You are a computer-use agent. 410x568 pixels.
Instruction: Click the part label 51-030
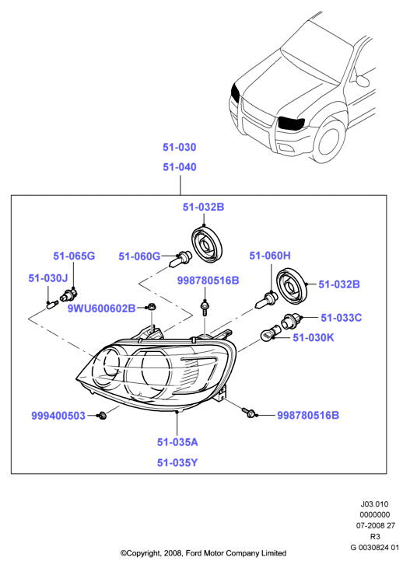[x=179, y=147]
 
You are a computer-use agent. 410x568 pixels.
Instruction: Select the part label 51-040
[x=179, y=167]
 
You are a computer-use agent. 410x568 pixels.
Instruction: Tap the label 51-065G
[x=74, y=256]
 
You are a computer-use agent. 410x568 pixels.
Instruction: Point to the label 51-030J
[x=48, y=278]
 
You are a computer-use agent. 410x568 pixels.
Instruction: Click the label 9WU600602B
[x=102, y=308]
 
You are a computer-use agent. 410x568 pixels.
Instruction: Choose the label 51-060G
[x=139, y=256]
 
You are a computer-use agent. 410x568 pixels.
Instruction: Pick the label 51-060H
[x=270, y=256]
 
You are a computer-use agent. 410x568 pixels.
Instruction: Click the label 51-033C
[x=341, y=318]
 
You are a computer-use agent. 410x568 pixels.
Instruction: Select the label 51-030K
[x=313, y=337]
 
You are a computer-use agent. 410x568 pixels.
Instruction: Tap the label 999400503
[x=58, y=416]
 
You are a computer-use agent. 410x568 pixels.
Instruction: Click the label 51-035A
[x=177, y=442]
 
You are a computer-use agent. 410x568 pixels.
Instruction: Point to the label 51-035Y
[x=177, y=462]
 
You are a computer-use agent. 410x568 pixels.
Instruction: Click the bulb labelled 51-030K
[x=268, y=334]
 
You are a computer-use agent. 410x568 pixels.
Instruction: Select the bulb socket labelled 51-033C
[x=289, y=321]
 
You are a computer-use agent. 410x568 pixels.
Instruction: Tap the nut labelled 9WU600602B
[x=152, y=307]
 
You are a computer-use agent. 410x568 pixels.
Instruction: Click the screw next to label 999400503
[x=102, y=416]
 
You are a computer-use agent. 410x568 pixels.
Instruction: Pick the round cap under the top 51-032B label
[x=206, y=242]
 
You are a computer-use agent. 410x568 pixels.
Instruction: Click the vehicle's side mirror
[x=363, y=80]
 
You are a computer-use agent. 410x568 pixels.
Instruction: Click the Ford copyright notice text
[x=203, y=553]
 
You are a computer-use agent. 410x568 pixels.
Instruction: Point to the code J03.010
[x=374, y=504]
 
